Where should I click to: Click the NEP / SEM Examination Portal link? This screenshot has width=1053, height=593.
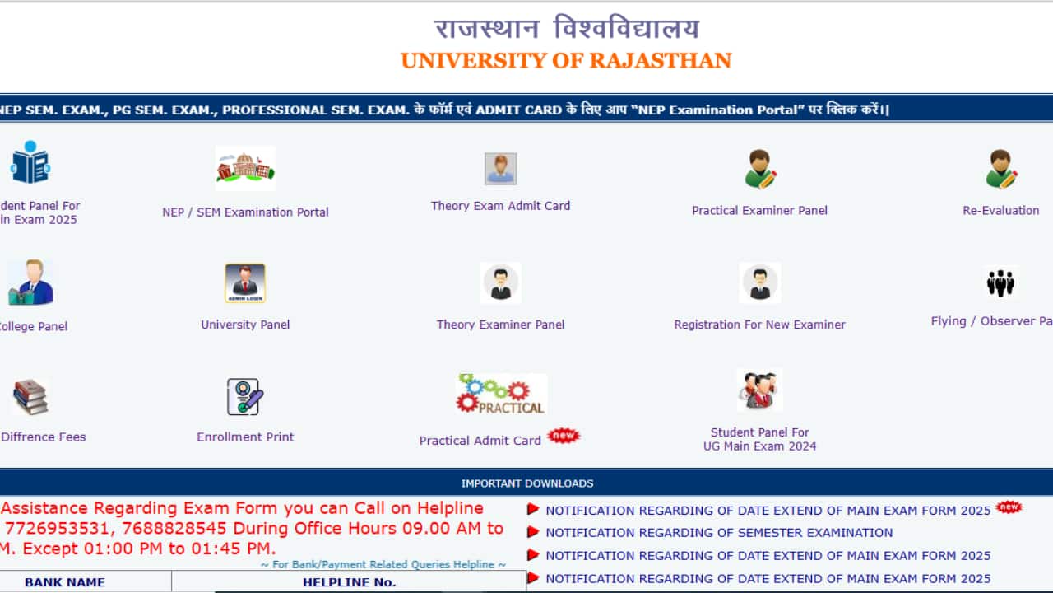click(x=245, y=212)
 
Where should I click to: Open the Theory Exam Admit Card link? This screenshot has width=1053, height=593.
click(x=500, y=206)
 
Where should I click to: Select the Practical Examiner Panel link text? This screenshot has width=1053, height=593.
click(x=759, y=211)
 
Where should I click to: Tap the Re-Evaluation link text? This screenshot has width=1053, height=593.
click(x=1000, y=211)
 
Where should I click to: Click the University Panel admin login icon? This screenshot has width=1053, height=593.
click(x=245, y=283)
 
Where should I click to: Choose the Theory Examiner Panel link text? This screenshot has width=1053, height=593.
click(x=500, y=325)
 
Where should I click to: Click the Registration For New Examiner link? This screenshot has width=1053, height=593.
click(x=759, y=325)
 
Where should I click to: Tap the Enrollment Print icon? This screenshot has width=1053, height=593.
click(x=245, y=397)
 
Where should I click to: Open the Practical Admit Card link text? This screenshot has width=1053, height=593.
click(x=480, y=441)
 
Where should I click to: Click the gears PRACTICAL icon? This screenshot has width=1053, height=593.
click(x=501, y=394)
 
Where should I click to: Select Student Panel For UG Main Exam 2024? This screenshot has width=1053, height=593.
click(x=759, y=439)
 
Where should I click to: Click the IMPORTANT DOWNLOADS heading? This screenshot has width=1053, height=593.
click(x=526, y=483)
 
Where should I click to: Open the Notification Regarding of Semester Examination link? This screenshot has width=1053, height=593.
click(x=718, y=533)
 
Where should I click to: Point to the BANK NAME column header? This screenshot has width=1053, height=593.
click(x=65, y=582)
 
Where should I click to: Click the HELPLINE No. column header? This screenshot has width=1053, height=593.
click(x=349, y=582)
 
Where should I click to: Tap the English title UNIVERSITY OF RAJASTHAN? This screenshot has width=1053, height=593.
click(x=566, y=61)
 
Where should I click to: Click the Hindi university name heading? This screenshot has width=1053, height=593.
click(x=566, y=30)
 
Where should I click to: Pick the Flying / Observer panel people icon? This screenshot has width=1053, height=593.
click(x=1000, y=283)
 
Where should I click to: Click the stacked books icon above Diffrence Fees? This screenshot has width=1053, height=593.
click(x=30, y=397)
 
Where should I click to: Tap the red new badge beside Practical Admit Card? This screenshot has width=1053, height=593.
click(x=564, y=436)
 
